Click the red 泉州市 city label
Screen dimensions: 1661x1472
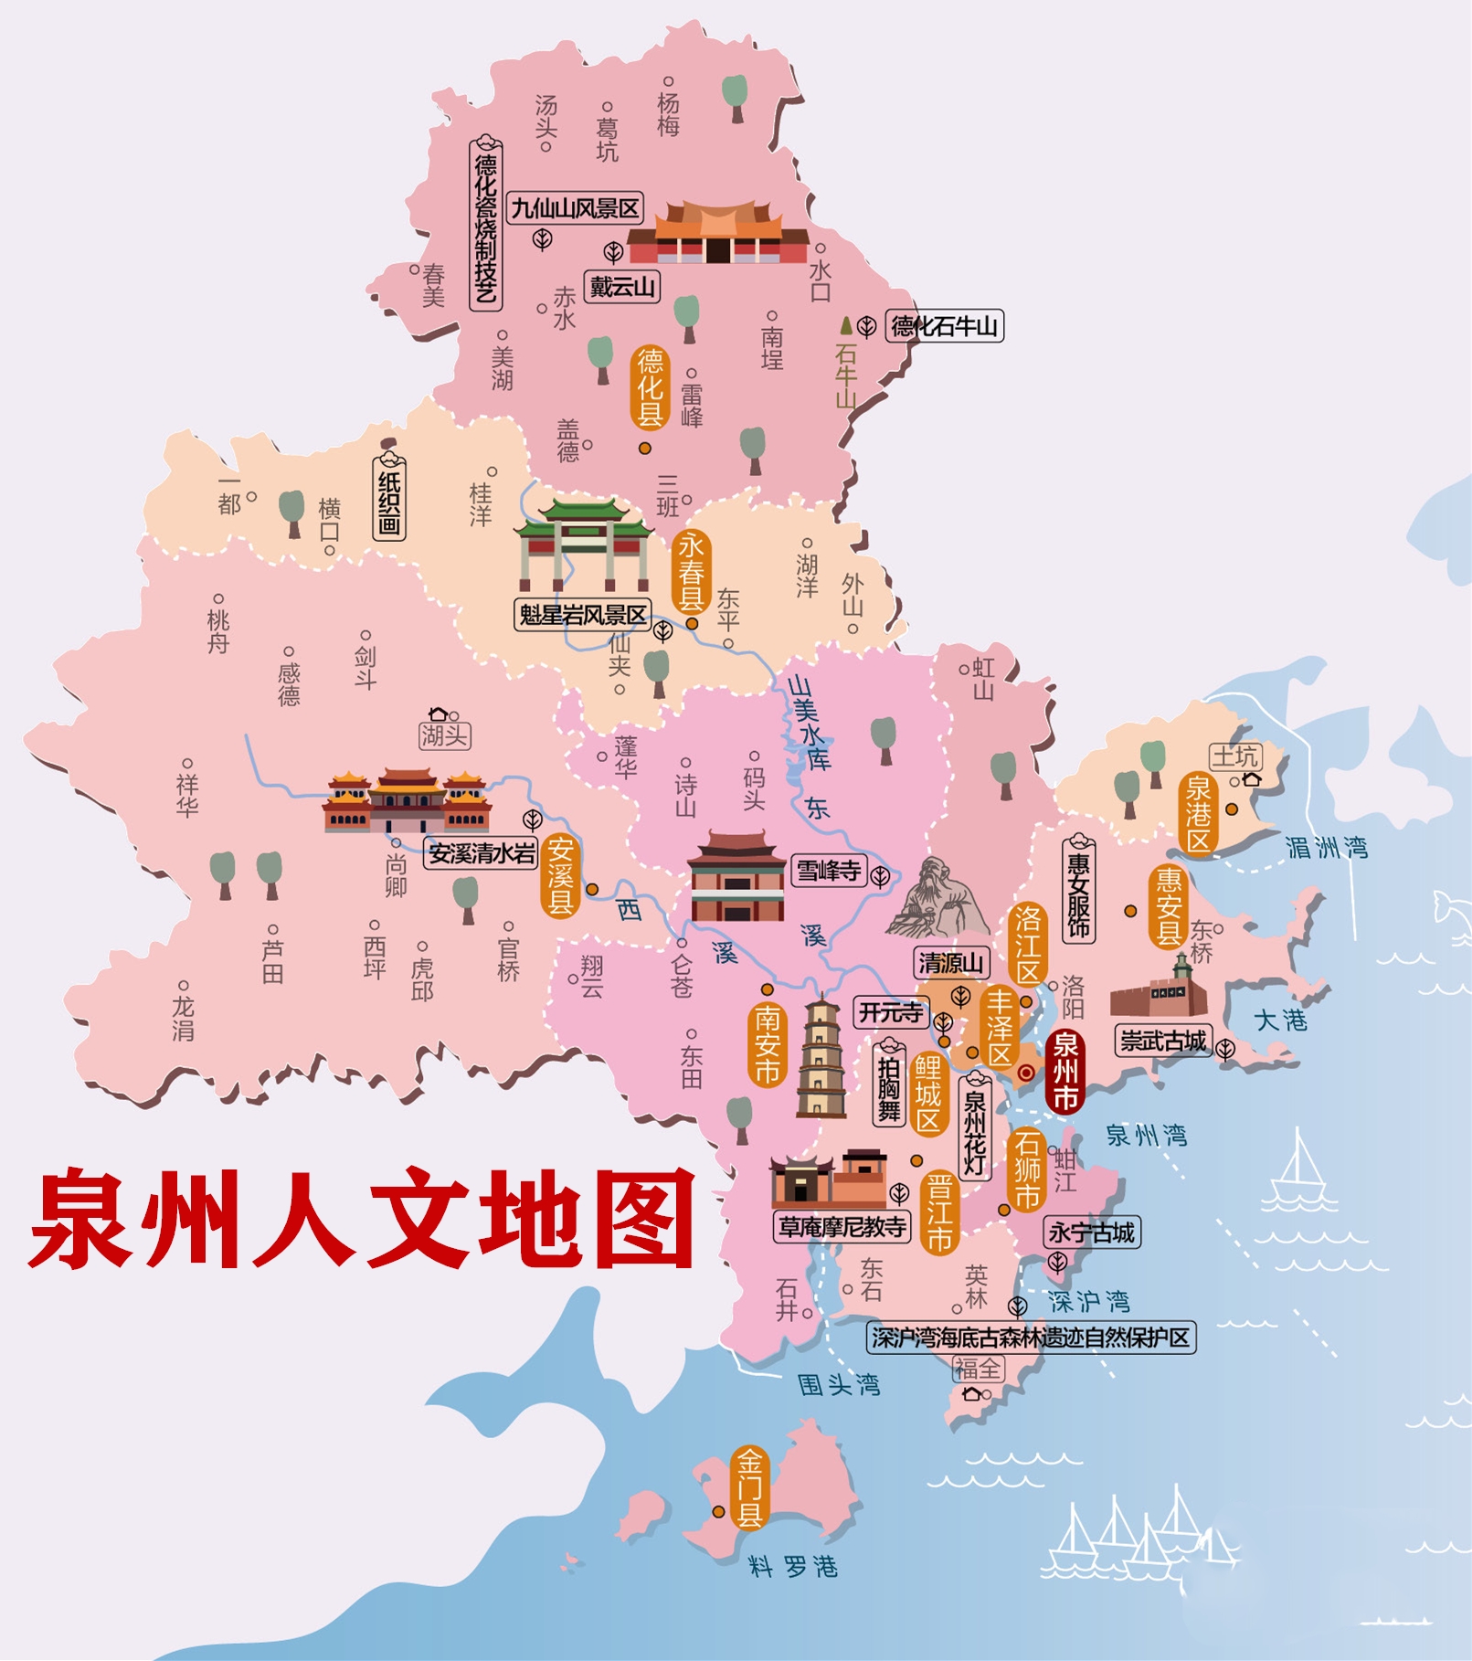click(1065, 1071)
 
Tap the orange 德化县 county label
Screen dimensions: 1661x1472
click(650, 387)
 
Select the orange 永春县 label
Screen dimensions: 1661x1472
click(691, 572)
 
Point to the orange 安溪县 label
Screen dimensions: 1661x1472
click(560, 876)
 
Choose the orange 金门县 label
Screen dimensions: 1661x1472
click(749, 1488)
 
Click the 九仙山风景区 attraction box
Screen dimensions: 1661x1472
click(576, 208)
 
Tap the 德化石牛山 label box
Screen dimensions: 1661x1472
click(944, 326)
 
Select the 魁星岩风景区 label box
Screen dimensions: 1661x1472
click(583, 615)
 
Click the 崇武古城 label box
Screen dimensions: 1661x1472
click(1163, 1041)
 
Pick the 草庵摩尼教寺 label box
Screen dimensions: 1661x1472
click(842, 1227)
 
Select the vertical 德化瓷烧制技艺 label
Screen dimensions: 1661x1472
click(485, 225)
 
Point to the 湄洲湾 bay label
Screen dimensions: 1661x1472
click(1326, 848)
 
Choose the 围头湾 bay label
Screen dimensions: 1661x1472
click(839, 1385)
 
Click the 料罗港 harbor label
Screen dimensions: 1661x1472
click(793, 1568)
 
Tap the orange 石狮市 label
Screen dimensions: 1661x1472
click(1027, 1169)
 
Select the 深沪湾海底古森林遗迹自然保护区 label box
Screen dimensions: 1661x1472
click(1031, 1338)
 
